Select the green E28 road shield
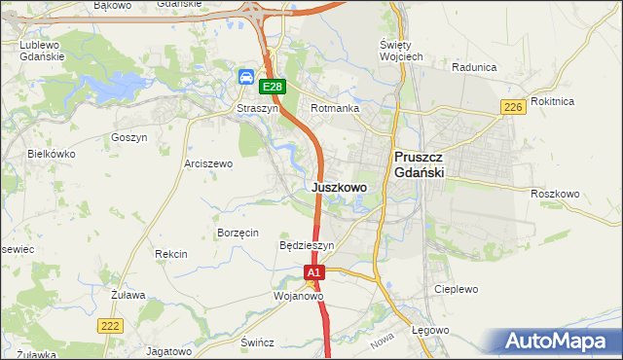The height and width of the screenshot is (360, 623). pos(273,87)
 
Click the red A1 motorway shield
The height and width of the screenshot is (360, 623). pos(313,274)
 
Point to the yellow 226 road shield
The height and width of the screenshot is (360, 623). pos(513,106)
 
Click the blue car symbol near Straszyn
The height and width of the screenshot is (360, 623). pos(247,77)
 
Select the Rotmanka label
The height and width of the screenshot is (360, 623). pos(335,109)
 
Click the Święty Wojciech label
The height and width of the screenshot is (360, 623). pos(400,52)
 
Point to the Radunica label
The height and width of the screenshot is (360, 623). pos(475,68)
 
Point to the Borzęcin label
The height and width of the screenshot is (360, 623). pos(238,233)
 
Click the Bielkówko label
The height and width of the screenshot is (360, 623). pos(51,154)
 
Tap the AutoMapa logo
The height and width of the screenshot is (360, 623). pos(558,341)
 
